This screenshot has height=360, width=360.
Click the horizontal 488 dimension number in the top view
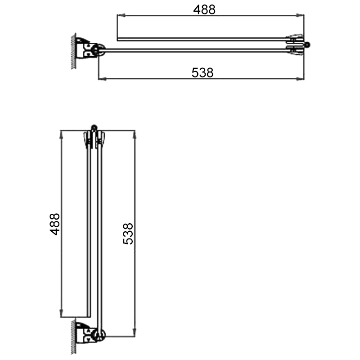205,9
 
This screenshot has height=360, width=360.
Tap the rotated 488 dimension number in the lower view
55,224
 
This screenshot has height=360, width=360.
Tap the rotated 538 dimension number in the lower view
128,234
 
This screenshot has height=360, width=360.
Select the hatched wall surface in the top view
72,50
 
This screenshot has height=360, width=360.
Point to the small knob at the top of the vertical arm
94,128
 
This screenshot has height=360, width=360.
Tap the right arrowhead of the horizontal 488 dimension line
301,16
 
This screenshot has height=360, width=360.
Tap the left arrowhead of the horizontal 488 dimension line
119,16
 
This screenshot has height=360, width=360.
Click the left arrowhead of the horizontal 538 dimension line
100,79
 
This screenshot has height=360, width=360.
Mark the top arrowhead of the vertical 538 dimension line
134,133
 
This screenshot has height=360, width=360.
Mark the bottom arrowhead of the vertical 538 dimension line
134,333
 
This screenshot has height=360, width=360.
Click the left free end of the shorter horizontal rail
118,40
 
